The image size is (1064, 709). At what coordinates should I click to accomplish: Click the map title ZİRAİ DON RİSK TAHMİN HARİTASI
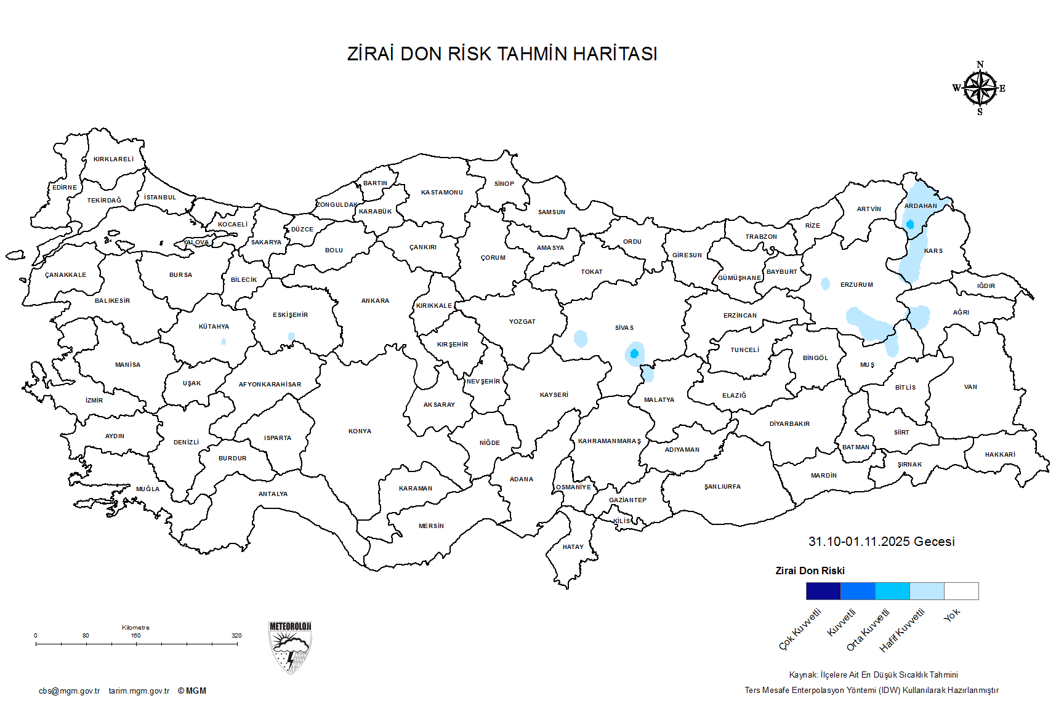[x=502, y=54]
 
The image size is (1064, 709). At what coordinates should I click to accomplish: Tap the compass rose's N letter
[x=980, y=65]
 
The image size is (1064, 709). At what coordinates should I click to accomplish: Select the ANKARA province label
[x=375, y=301]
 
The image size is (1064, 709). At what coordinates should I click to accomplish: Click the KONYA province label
[x=360, y=431]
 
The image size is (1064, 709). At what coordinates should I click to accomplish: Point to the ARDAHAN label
[x=921, y=206]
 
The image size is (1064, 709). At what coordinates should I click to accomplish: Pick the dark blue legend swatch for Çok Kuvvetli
[x=823, y=591]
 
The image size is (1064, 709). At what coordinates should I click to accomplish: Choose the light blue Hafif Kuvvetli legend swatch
[x=926, y=591]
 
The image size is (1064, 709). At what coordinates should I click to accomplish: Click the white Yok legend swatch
[x=961, y=591]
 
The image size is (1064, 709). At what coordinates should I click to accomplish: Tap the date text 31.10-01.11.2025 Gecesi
[x=881, y=542]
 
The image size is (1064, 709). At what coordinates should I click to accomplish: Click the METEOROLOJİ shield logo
[x=290, y=647]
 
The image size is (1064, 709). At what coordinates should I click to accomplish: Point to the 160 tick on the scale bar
[x=136, y=644]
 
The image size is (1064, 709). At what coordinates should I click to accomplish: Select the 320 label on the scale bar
[x=236, y=636]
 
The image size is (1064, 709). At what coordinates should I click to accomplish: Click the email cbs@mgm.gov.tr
[x=69, y=691]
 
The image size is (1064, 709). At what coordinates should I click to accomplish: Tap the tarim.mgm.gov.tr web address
[x=139, y=691]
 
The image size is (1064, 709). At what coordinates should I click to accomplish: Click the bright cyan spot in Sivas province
[x=634, y=354]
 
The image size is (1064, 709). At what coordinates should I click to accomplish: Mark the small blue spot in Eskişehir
[x=291, y=337]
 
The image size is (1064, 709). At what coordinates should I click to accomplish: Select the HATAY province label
[x=573, y=547]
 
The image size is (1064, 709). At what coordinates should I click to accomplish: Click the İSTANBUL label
[x=160, y=198]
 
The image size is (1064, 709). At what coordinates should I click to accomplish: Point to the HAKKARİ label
[x=1000, y=455]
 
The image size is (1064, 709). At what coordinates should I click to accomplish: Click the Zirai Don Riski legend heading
[x=810, y=571]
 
